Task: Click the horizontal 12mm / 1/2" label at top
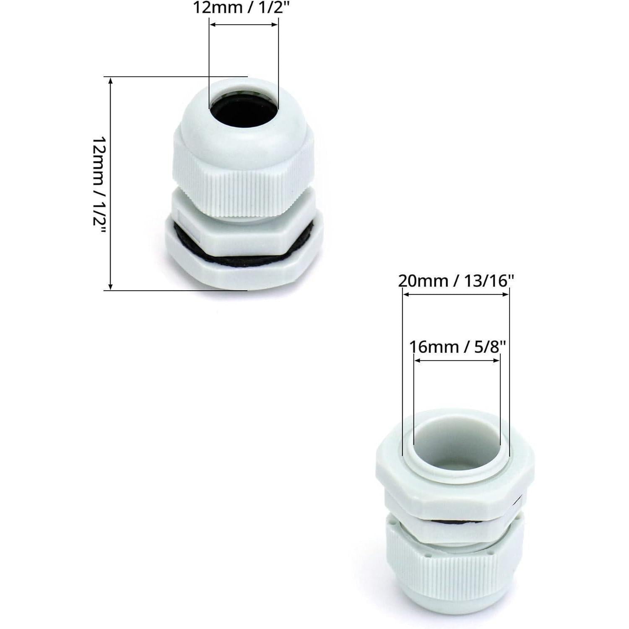tap(241, 8)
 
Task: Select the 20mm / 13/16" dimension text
tap(456, 281)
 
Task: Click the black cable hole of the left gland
tap(244, 110)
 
